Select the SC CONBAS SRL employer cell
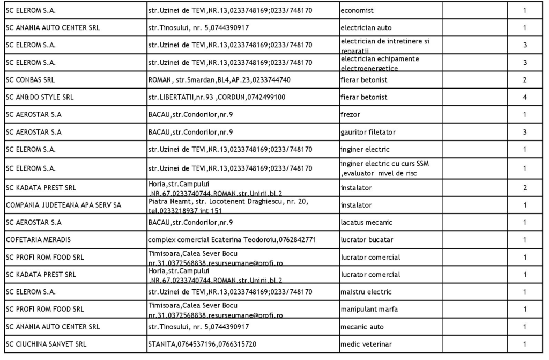point(30,80)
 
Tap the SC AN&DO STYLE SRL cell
point(40,98)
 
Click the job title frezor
point(352,115)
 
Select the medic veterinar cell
point(366,344)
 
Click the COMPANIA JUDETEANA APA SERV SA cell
point(63,205)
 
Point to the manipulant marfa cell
point(369,309)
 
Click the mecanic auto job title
point(362,327)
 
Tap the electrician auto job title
point(366,28)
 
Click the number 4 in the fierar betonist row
point(524,98)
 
